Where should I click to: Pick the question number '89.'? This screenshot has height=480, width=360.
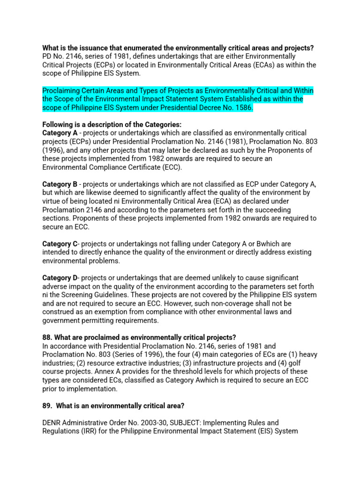coord(48,405)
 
